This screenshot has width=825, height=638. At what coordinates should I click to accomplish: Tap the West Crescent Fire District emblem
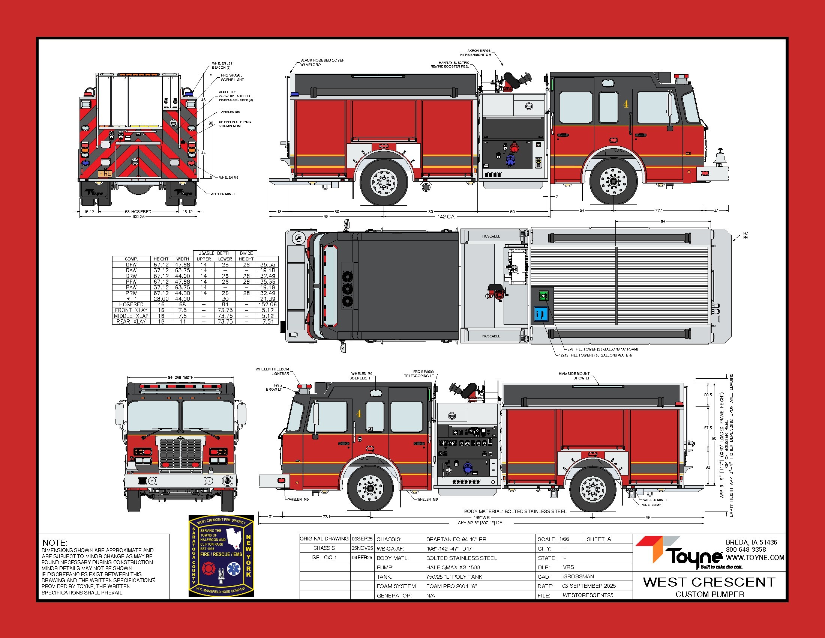[221, 555]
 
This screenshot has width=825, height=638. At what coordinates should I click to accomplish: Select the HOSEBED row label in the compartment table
[131, 304]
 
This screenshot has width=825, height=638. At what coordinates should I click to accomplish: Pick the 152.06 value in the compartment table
[267, 304]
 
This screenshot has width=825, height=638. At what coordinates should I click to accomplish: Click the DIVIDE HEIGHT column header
[246, 256]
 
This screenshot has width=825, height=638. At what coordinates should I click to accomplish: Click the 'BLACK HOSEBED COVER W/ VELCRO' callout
[322, 62]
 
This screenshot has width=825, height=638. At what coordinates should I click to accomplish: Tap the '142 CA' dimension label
[446, 217]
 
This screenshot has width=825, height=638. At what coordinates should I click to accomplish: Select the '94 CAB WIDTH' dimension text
[181, 377]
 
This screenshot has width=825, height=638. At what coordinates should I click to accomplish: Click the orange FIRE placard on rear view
[105, 173]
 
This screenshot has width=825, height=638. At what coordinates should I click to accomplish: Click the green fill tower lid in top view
[543, 296]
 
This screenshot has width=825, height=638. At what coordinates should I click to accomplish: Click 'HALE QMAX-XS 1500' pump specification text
[453, 567]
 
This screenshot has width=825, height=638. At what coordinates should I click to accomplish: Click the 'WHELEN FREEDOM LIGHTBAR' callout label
[272, 371]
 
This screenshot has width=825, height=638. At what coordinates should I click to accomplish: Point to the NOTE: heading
[55, 542]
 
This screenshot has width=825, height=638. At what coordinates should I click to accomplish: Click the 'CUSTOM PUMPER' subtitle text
[709, 594]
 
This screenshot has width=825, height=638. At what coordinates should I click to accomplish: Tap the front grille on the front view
[181, 454]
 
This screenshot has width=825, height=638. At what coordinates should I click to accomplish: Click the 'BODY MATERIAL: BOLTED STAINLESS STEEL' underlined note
[515, 512]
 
